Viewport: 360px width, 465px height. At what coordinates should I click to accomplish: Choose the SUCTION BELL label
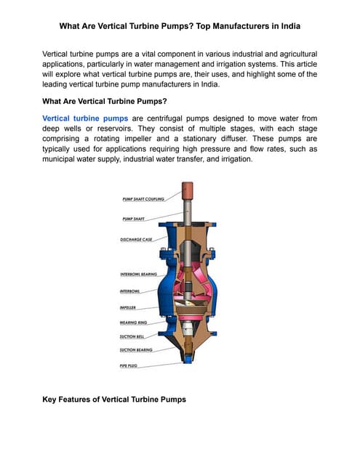pyautogui.click(x=132, y=336)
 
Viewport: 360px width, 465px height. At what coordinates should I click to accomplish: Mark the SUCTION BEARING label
pyautogui.click(x=135, y=350)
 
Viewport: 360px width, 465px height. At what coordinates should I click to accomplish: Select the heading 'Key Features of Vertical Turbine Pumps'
pyautogui.click(x=114, y=399)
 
